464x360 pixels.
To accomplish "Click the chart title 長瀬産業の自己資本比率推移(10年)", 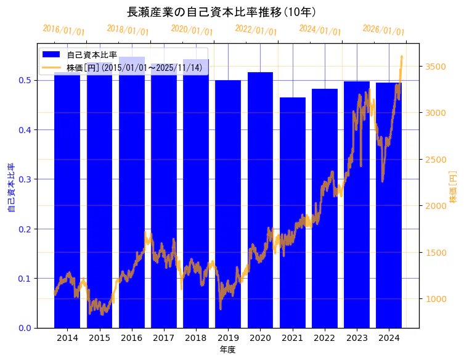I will click(x=222, y=12).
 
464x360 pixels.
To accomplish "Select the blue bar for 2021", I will click(x=292, y=213).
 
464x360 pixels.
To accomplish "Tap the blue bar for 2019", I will click(x=228, y=203).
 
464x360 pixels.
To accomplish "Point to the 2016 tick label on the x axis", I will click(x=131, y=338).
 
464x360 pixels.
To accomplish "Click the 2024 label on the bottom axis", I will click(x=389, y=338).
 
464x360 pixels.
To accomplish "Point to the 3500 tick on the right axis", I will click(x=436, y=66).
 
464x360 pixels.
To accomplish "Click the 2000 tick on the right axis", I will click(x=436, y=206).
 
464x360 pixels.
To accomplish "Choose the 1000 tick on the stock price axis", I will click(x=436, y=299).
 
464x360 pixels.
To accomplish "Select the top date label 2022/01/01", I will click(x=256, y=30).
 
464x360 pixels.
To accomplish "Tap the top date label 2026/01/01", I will click(x=383, y=30).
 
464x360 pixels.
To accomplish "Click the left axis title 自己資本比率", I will click(x=10, y=187).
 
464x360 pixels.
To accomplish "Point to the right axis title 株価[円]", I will click(x=453, y=188).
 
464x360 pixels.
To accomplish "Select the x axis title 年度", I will click(x=227, y=350).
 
